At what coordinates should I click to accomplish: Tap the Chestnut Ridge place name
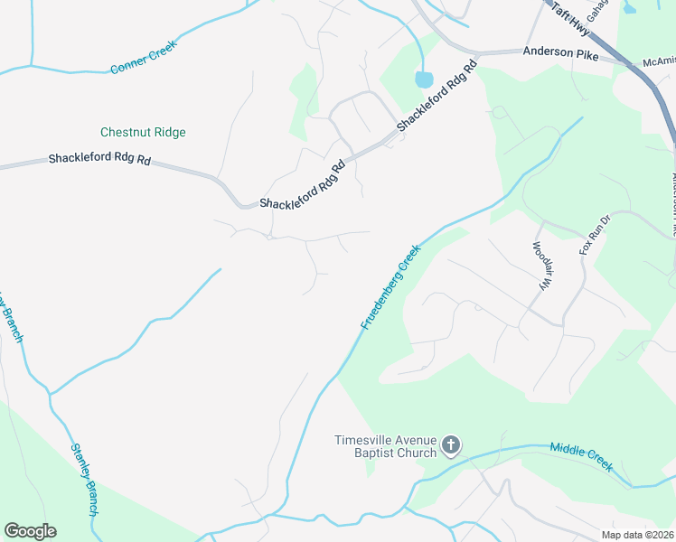coord(143,132)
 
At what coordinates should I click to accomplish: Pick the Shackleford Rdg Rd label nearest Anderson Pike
coord(436,98)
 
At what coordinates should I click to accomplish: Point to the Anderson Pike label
coord(560,53)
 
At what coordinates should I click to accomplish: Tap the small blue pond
coord(424,79)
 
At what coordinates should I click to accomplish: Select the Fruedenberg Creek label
coord(391,286)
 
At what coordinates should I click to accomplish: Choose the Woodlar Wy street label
coord(540,266)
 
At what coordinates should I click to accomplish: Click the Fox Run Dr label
coord(596,234)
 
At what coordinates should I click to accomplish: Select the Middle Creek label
coord(582,458)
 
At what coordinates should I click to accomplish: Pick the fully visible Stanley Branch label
coord(84,480)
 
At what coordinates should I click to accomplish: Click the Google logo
coord(30,531)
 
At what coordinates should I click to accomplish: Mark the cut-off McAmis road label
coord(658,61)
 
